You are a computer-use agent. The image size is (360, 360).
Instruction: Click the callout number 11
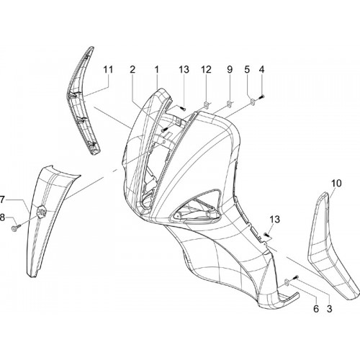pyautogui.click(x=108, y=70)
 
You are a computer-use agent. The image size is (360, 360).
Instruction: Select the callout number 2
pyautogui.click(x=132, y=70)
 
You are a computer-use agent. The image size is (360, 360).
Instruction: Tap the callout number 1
pyautogui.click(x=156, y=70)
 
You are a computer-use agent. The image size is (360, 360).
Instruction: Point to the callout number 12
pyautogui.click(x=206, y=70)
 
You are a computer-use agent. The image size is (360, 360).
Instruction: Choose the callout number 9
pyautogui.click(x=230, y=70)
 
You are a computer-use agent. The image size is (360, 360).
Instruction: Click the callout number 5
pyautogui.click(x=247, y=70)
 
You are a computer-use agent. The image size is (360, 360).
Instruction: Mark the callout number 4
pyautogui.click(x=261, y=70)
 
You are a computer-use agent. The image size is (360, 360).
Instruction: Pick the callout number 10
pyautogui.click(x=336, y=184)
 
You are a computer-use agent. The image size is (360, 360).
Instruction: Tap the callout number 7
pyautogui.click(x=2, y=199)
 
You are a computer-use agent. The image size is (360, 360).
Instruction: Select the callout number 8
pyautogui.click(x=2, y=218)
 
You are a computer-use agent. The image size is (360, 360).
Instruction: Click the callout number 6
pyautogui.click(x=316, y=309)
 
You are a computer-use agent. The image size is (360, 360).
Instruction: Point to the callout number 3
pyautogui.click(x=330, y=309)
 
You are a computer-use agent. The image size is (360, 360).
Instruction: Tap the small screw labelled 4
pyautogui.click(x=261, y=97)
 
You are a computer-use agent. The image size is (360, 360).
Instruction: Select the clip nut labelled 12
pyautogui.click(x=207, y=104)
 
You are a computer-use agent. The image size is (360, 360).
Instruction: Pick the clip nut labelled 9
pyautogui.click(x=230, y=104)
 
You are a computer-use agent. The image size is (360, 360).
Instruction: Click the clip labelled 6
pyautogui.click(x=287, y=282)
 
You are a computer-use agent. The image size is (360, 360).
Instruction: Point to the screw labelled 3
pyautogui.click(x=296, y=277)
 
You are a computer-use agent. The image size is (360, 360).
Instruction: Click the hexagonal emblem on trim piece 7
pyautogui.click(x=41, y=212)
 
